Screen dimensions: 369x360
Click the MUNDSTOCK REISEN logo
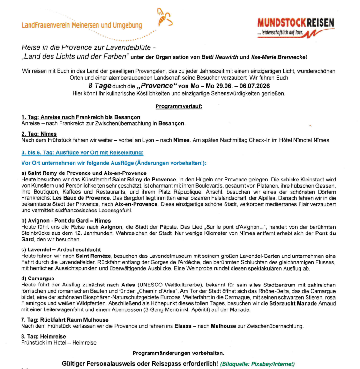click(296, 27)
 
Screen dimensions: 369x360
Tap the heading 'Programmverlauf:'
click(179, 106)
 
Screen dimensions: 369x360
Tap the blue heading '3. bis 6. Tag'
click(82, 153)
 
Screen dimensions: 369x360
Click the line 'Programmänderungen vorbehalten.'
click(179, 353)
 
